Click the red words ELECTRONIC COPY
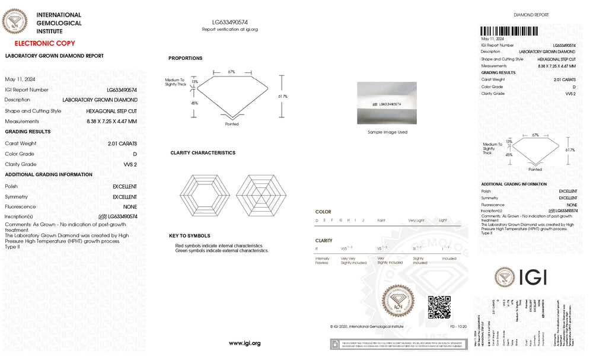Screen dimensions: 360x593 (x=44, y=43)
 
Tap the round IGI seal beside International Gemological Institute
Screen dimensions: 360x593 (x=15, y=23)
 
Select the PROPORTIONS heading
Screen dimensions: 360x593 (x=185, y=58)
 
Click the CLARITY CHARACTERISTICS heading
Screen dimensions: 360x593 (x=202, y=153)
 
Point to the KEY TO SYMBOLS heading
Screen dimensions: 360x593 (x=189, y=236)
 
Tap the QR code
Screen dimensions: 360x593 (x=439, y=307)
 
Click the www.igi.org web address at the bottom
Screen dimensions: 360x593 (x=244, y=343)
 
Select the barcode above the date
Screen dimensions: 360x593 (x=509, y=31)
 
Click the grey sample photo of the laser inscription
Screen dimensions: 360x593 (x=387, y=103)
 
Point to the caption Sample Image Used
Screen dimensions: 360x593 (x=387, y=132)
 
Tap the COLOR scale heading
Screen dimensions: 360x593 (x=323, y=212)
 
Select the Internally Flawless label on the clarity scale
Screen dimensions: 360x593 (x=323, y=260)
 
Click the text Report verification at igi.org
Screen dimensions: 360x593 (x=230, y=29)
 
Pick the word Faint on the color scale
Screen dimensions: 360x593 (x=381, y=221)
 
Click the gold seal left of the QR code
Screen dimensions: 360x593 (x=398, y=302)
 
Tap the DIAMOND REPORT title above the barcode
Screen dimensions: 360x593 (x=531, y=15)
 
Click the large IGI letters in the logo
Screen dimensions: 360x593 (x=533, y=276)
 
